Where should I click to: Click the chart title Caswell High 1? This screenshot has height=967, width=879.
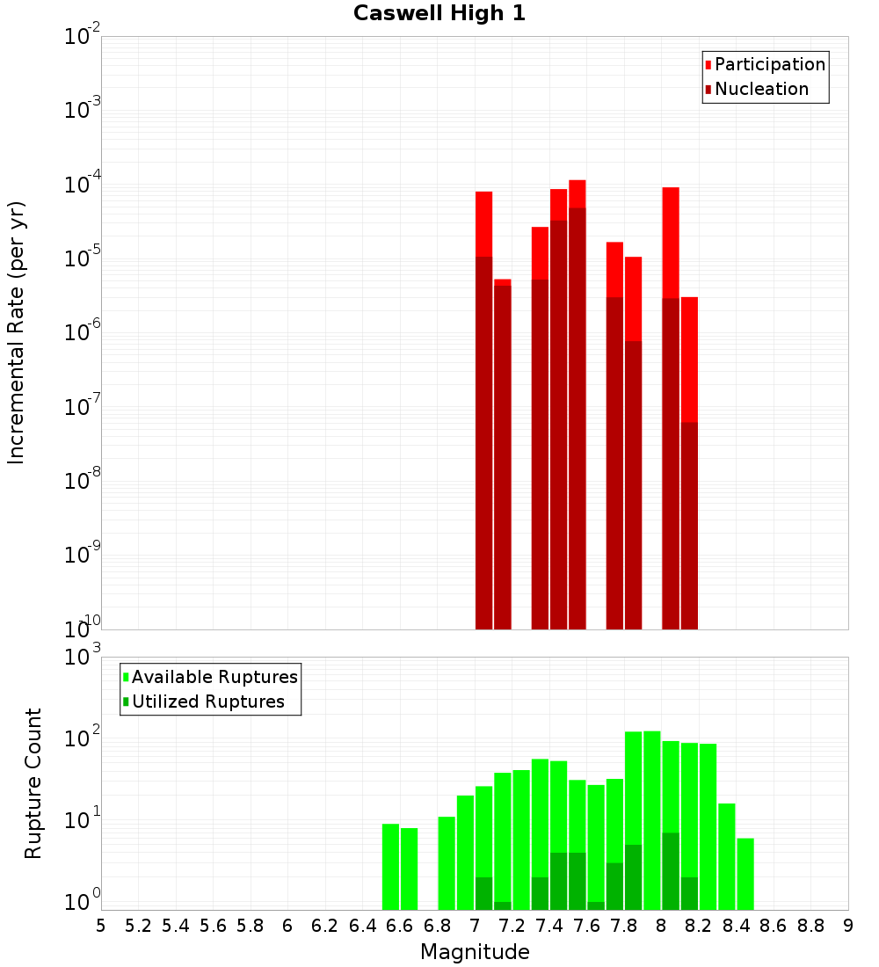pyautogui.click(x=439, y=14)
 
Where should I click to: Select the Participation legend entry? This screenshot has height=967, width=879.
pyautogui.click(x=770, y=64)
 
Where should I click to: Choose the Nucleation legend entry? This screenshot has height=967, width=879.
pyautogui.click(x=761, y=89)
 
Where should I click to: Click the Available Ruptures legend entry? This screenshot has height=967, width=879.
pyautogui.click(x=214, y=677)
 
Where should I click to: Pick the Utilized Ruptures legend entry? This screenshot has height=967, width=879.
pyautogui.click(x=207, y=702)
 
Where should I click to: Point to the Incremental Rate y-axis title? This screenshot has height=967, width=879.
pyautogui.click(x=17, y=332)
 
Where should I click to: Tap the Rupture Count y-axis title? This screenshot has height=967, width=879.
pyautogui.click(x=33, y=782)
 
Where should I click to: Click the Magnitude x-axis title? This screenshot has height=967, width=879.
pyautogui.click(x=475, y=952)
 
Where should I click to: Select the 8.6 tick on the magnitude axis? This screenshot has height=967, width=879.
pyautogui.click(x=774, y=926)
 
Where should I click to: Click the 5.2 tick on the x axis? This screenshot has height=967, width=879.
pyautogui.click(x=138, y=926)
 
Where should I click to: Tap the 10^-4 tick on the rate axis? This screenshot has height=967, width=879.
pyautogui.click(x=83, y=185)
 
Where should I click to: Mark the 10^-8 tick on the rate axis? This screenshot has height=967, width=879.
pyautogui.click(x=83, y=481)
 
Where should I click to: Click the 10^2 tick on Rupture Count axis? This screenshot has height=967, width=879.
pyautogui.click(x=83, y=738)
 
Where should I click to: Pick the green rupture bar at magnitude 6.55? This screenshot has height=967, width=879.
pyautogui.click(x=390, y=866)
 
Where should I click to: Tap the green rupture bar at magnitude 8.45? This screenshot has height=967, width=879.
pyautogui.click(x=745, y=874)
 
